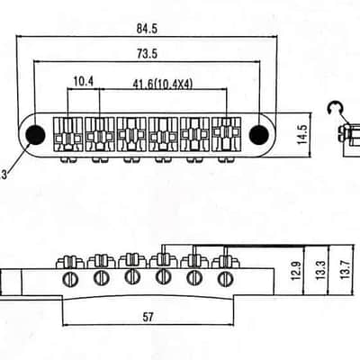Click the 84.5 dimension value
pyautogui.click(x=147, y=29)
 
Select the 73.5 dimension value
pyautogui.click(x=147, y=54)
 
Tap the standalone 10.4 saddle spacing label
pyautogui.click(x=84, y=81)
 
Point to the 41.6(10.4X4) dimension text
pyautogui.click(x=162, y=85)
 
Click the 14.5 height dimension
pyautogui.click(x=302, y=134)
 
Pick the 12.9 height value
pyautogui.click(x=296, y=271)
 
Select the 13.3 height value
pyautogui.click(x=320, y=271)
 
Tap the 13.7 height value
pyautogui.click(x=346, y=270)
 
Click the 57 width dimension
pyautogui.click(x=148, y=317)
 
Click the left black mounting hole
pyautogui.click(x=36, y=135)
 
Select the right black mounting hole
pyautogui.click(x=259, y=135)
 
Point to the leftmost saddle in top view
pyautogui.click(x=68, y=134)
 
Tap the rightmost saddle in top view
pyautogui.click(x=227, y=134)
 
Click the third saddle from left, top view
pyautogui.click(x=131, y=134)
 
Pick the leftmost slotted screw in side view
pyautogui.click(x=70, y=280)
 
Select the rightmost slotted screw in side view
pyautogui.click(x=226, y=279)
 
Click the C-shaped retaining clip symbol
pyautogui.click(x=333, y=108)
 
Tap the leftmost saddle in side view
pyautogui.click(x=70, y=262)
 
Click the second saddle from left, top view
pyautogui.click(x=100, y=134)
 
